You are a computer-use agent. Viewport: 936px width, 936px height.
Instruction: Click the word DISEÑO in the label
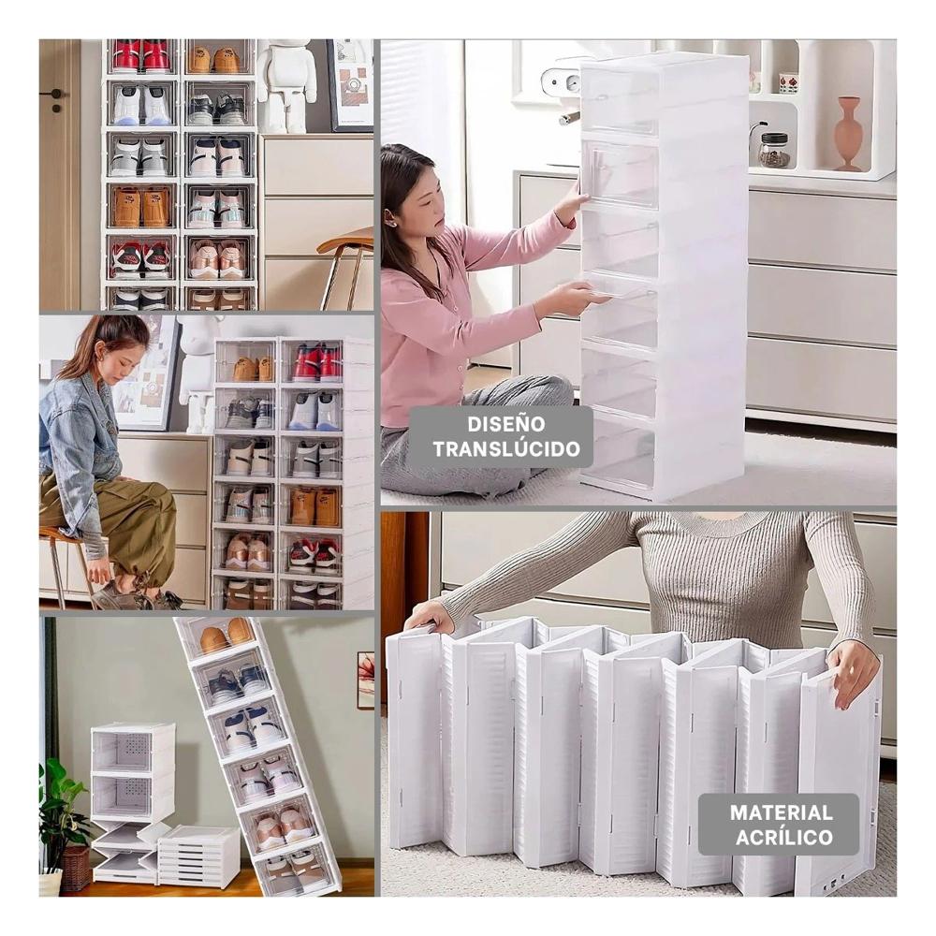click(506, 424)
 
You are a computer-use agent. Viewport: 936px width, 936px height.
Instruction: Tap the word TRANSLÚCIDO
click(506, 448)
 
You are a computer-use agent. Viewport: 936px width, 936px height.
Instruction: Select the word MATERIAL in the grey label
click(781, 812)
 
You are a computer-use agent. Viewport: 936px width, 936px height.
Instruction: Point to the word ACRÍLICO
click(781, 837)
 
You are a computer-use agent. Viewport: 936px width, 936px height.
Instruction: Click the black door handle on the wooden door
click(55, 95)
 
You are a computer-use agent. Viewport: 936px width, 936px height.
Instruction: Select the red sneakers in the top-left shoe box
click(141, 56)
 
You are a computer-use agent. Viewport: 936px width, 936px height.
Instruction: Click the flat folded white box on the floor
click(198, 856)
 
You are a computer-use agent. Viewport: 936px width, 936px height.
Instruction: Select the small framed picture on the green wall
click(365, 680)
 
